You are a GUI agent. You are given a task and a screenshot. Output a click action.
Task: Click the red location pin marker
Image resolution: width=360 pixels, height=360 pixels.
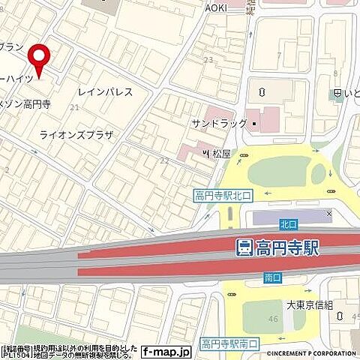38,57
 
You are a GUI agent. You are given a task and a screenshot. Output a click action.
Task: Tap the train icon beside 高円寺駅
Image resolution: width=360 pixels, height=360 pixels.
244,247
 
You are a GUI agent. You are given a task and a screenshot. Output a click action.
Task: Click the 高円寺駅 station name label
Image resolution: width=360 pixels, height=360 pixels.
286,247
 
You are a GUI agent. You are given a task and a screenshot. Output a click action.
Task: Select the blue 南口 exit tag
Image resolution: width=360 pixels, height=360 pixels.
273,277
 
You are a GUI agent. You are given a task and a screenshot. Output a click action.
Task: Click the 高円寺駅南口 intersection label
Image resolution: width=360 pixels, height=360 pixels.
229,344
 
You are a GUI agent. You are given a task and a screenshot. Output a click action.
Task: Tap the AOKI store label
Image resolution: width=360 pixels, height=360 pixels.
216,7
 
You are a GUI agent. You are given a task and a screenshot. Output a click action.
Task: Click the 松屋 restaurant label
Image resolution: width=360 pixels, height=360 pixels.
220,154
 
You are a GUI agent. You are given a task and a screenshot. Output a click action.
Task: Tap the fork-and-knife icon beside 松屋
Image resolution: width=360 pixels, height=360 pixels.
205,154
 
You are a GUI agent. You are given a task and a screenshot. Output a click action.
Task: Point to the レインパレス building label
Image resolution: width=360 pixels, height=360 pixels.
105,92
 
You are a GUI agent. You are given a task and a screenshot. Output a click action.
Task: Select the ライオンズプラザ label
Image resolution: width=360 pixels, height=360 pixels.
76,135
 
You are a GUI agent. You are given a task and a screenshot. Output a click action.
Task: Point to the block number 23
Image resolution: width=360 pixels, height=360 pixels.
208,59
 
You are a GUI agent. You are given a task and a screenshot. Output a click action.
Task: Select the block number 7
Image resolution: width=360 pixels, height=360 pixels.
278,55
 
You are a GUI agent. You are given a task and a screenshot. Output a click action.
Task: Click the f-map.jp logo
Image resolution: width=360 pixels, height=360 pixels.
161,350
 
